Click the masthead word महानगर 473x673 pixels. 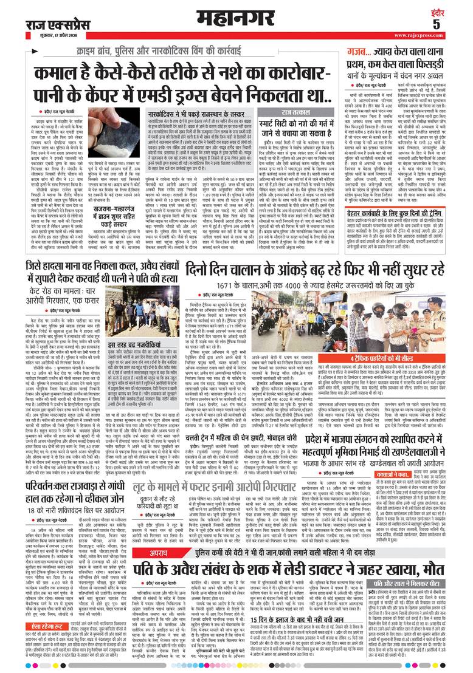pyautogui.click(x=236, y=15)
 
